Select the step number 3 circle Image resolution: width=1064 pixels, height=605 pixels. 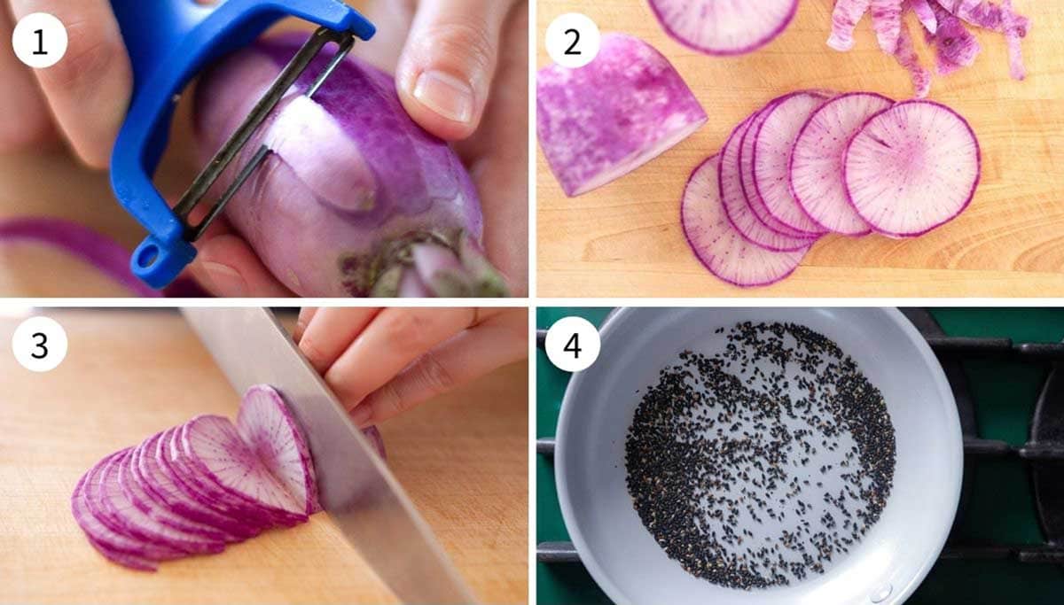pos(40,344)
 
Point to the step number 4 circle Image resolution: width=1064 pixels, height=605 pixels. pos(572,344)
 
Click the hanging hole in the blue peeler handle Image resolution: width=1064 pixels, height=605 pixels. pos(147,256)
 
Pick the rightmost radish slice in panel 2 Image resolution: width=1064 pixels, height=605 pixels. pos(911,168)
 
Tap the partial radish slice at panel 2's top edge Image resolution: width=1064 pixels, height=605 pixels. pos(723,22)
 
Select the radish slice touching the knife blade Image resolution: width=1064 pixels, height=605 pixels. pos(275,443)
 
